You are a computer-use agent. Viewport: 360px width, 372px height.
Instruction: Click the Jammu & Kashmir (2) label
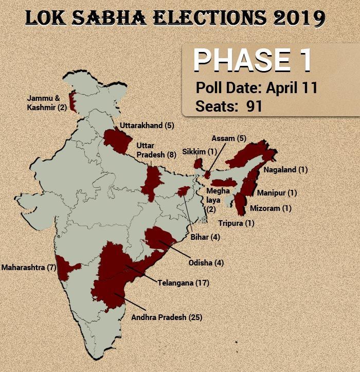(47, 103)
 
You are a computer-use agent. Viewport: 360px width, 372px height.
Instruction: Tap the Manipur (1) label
(277, 193)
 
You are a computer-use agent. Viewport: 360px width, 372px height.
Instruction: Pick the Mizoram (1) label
(271, 208)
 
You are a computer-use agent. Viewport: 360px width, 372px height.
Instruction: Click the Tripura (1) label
(236, 223)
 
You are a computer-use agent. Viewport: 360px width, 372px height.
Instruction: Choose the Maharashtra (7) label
(28, 268)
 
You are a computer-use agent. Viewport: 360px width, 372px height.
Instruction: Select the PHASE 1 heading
(253, 61)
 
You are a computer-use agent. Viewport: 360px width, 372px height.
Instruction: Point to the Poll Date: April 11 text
(256, 87)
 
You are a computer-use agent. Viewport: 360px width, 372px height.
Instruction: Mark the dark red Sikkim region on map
(197, 164)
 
